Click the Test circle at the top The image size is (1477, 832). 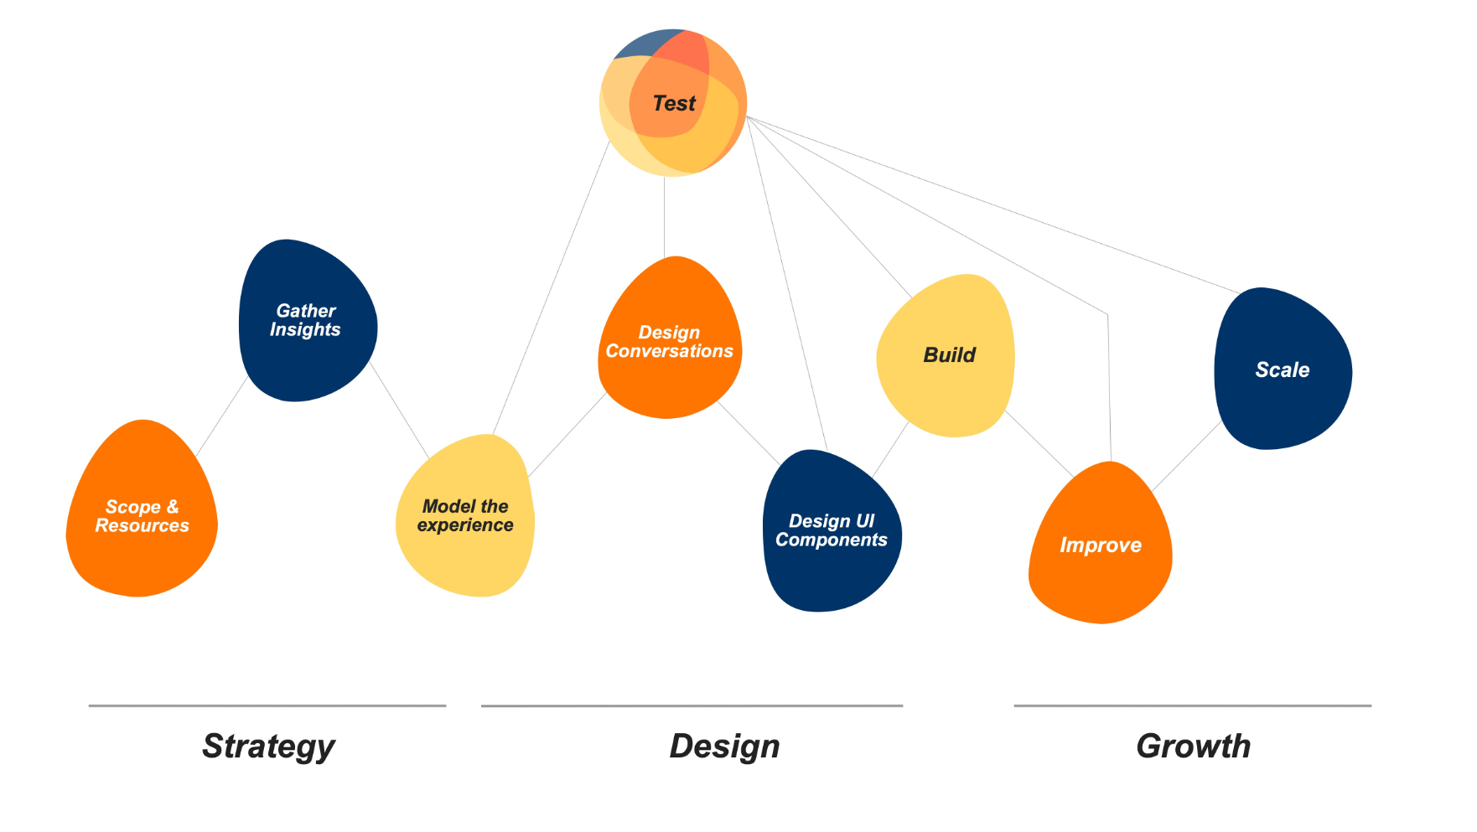673,103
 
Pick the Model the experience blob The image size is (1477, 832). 465,516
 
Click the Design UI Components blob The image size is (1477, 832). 831,531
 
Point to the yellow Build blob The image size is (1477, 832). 948,355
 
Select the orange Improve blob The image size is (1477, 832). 1100,545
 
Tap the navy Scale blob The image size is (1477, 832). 1282,369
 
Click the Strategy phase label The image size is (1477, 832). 268,746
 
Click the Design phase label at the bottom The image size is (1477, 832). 724,746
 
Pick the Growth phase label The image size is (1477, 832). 1193,746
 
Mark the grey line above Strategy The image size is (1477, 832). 267,705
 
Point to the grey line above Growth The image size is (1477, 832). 1192,705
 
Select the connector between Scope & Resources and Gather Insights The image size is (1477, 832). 221,416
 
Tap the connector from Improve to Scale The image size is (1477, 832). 1186,456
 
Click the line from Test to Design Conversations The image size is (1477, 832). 664,216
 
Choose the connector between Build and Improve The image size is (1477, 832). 1039,445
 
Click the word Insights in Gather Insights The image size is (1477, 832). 305,330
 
